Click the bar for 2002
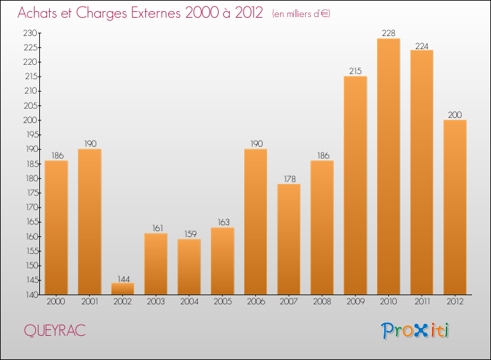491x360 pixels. tap(122, 289)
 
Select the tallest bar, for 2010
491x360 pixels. tap(388, 166)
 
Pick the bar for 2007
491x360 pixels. tap(289, 239)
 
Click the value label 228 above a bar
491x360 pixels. tap(388, 33)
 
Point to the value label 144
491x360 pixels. tap(122, 278)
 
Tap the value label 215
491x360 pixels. tap(355, 71)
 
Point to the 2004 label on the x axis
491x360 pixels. tap(189, 302)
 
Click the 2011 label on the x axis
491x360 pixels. tap(422, 302)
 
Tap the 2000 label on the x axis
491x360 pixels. tap(56, 302)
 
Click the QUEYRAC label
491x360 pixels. tap(54, 331)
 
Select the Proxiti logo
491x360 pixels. tap(416, 331)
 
